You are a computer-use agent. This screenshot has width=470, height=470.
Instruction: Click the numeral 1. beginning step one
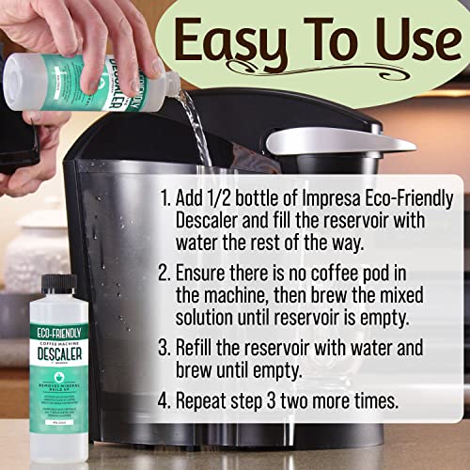(x=164, y=198)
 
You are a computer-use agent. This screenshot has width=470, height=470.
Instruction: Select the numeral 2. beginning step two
(x=164, y=274)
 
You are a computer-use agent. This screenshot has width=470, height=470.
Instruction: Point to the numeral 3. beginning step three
(x=164, y=348)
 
